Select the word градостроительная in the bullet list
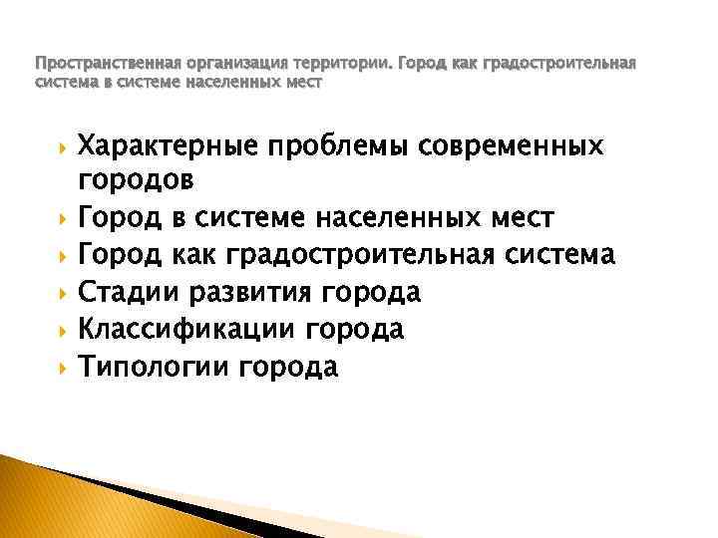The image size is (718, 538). point(380,256)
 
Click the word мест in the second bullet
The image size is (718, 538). point(526,218)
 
